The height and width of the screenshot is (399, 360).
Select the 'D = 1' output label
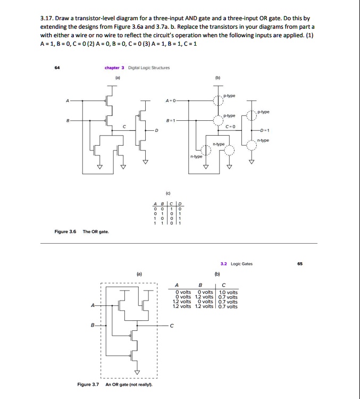coord(265,130)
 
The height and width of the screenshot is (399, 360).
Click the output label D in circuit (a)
coord(156,130)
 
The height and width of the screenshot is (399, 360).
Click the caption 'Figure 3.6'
coord(65,231)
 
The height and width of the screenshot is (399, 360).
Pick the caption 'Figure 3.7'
coord(88,384)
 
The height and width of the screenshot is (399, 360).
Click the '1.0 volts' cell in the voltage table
coord(229,292)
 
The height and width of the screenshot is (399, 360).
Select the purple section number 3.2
coord(224,263)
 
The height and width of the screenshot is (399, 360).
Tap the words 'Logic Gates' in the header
coord(242,263)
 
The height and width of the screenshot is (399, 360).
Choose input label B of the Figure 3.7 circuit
coord(93,325)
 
